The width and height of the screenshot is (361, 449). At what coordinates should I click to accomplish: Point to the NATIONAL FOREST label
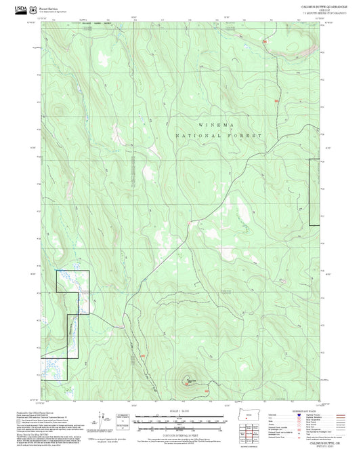coord(218,136)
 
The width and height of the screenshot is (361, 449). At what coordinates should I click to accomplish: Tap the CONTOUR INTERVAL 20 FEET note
coord(179,435)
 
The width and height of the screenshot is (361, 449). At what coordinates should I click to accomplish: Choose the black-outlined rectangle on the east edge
coord(314,192)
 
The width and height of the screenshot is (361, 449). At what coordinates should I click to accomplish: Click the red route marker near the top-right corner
coord(266,42)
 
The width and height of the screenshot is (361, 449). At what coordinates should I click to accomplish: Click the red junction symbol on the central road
coord(188,223)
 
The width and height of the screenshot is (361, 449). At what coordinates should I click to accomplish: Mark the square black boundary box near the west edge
coord(72,281)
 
